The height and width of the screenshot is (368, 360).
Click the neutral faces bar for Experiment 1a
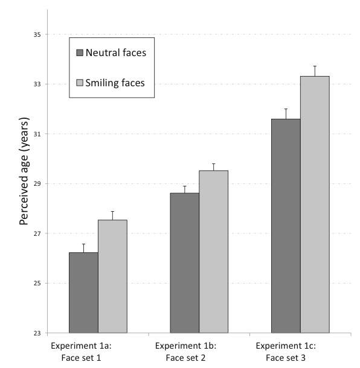(x=83, y=293)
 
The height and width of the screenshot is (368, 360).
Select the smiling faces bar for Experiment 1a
(x=112, y=276)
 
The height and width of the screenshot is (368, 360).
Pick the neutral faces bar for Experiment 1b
(x=184, y=263)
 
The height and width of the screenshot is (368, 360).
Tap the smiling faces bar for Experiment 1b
(x=213, y=252)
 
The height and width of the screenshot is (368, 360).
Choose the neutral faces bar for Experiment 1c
(x=286, y=226)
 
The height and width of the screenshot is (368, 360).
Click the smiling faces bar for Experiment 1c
(x=315, y=205)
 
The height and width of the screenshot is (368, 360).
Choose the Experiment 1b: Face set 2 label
(x=181, y=351)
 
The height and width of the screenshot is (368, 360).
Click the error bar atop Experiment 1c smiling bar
(x=315, y=71)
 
